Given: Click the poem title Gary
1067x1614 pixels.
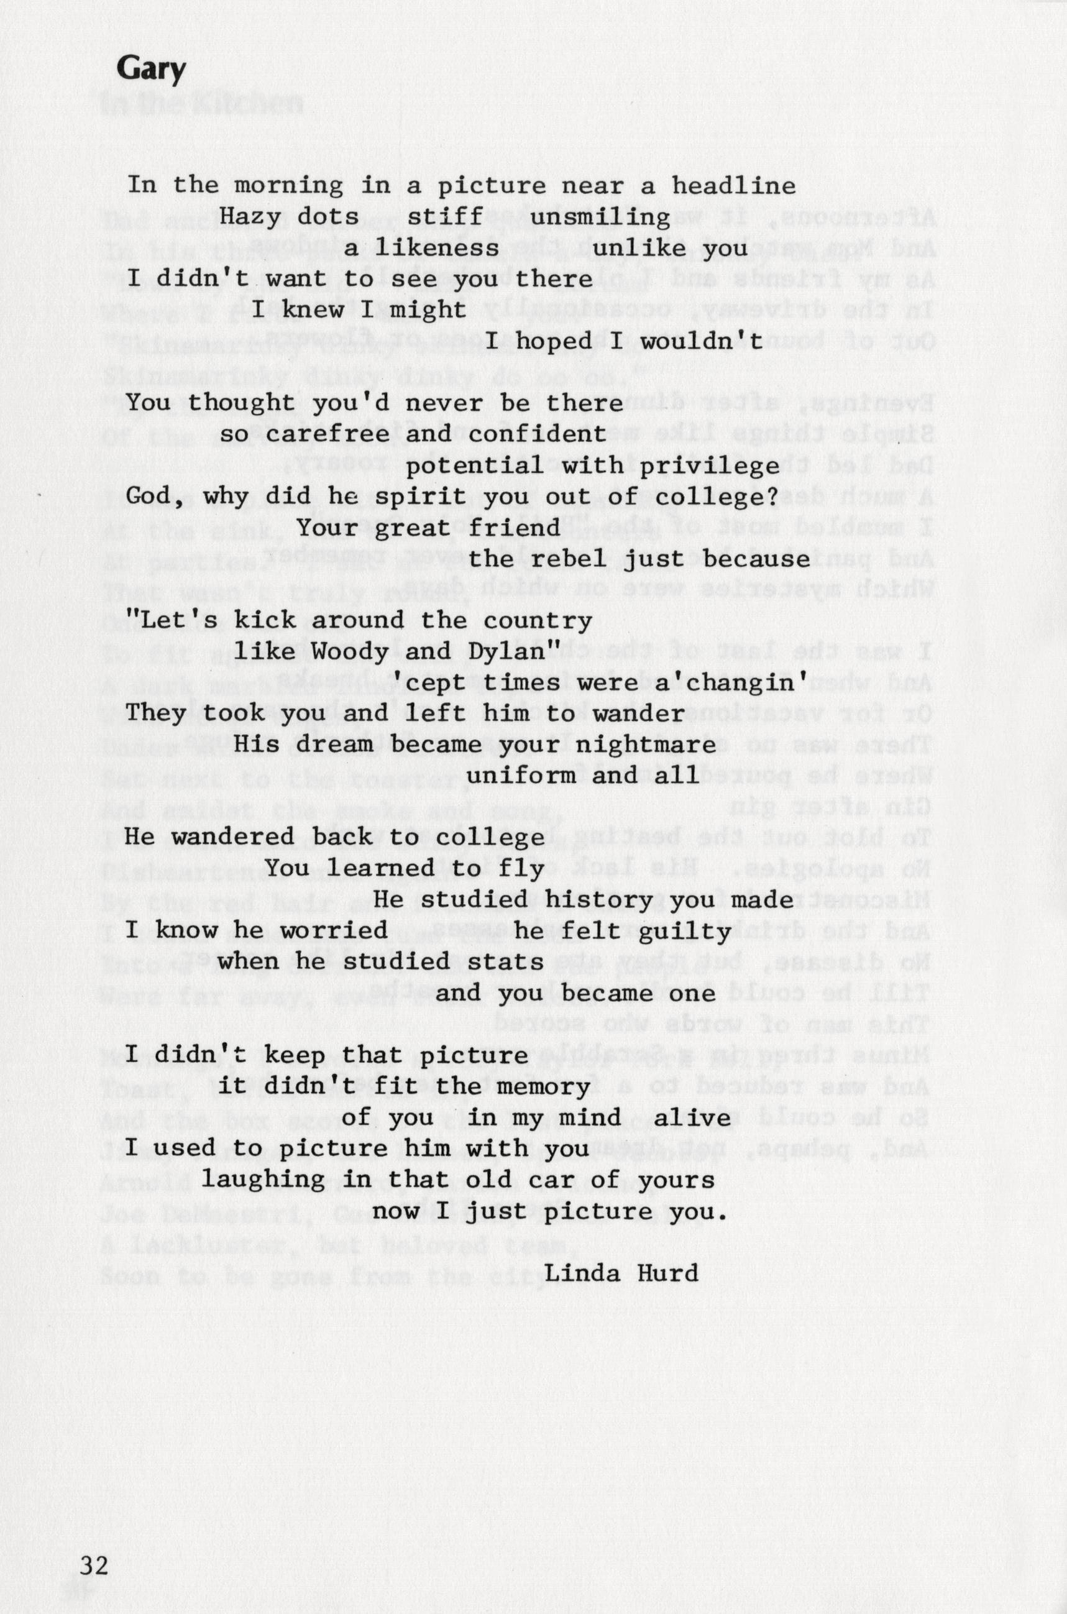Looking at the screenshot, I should click(150, 70).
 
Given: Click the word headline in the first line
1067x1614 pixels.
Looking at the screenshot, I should click(733, 186).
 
